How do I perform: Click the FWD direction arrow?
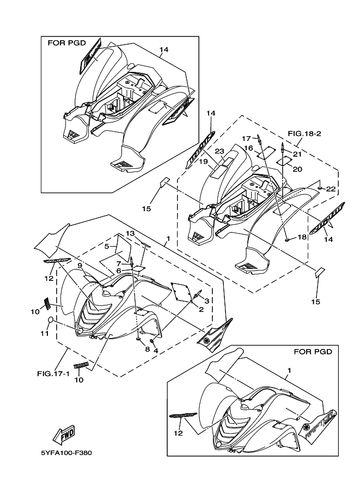pos(64,435)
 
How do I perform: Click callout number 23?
pos(219,151)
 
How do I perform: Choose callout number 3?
pos(207,300)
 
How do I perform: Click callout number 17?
pos(246,138)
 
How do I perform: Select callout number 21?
pos(297,154)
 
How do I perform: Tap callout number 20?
pos(297,169)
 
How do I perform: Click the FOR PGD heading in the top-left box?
pos(66,42)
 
